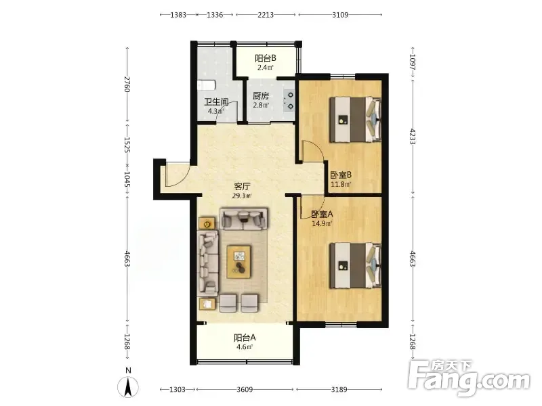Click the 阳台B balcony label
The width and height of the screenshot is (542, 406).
coord(266,58)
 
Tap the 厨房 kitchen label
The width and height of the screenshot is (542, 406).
coord(261,95)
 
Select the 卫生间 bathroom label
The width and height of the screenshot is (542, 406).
coord(216,102)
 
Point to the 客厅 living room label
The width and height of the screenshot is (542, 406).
coord(242,187)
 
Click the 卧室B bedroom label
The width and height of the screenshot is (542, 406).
coord(341,175)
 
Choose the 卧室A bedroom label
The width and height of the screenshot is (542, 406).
coord(322,214)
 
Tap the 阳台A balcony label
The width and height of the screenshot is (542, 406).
coord(245,337)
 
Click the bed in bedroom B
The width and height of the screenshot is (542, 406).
coord(355,120)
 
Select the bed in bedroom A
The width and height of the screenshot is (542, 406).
coord(355,265)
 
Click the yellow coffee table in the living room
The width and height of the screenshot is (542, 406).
coord(239,262)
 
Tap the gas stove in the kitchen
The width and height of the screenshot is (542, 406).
coord(289,101)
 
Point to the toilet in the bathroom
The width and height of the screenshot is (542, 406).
coord(207,85)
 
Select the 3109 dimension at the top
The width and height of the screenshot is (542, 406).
coord(340,15)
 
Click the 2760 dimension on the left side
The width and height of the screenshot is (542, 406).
coord(127,84)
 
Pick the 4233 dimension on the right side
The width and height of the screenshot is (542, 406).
coord(413,136)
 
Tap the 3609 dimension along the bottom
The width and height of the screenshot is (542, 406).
coord(245,390)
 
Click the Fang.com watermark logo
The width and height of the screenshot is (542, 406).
coord(469,378)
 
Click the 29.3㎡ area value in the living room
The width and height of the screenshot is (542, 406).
coord(242,196)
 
